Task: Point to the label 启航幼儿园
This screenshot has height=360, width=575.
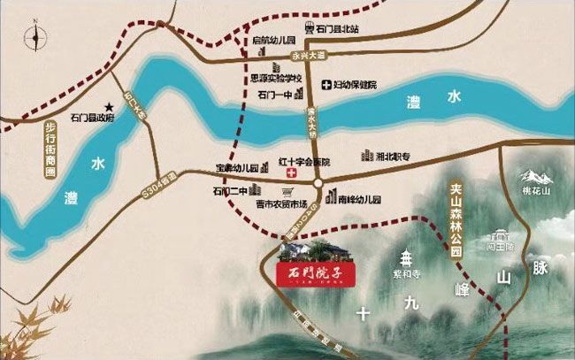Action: point(272,41)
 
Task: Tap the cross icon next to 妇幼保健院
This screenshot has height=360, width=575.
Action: point(326,85)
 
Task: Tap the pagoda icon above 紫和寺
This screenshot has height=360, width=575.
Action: point(407,258)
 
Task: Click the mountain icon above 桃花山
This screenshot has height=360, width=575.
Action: point(534,178)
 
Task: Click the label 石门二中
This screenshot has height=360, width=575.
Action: point(228,190)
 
